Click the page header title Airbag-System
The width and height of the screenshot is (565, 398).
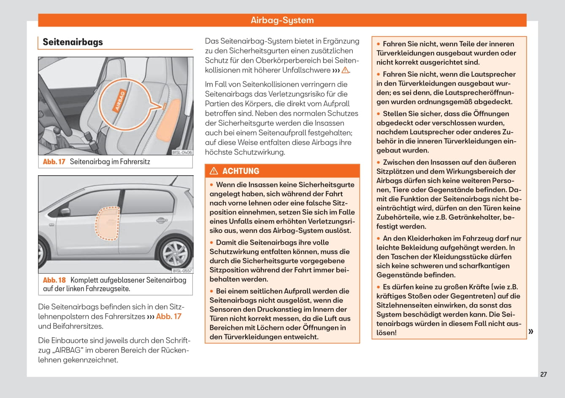click(x=282, y=20)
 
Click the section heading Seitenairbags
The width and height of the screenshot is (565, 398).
click(x=73, y=42)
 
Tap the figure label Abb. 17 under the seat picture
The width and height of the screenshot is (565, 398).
click(x=54, y=162)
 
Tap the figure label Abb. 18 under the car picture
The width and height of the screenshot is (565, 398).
click(x=54, y=280)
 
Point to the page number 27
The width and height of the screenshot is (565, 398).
click(x=543, y=374)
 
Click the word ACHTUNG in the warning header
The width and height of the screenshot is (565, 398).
click(x=241, y=171)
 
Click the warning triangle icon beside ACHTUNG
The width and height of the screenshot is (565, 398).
click(x=214, y=171)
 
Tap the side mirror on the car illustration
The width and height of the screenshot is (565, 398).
click(x=65, y=211)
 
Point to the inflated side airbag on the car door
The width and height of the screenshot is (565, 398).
click(x=107, y=224)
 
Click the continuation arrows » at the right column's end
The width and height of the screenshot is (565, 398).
click(x=531, y=331)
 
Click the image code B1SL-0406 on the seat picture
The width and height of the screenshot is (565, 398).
click(x=182, y=152)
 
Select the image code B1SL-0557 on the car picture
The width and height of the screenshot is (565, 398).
click(x=182, y=271)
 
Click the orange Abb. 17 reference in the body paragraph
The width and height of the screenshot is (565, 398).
click(x=169, y=316)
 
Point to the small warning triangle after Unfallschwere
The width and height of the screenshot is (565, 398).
click(x=345, y=70)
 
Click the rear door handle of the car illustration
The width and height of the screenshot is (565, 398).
click(x=161, y=220)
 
